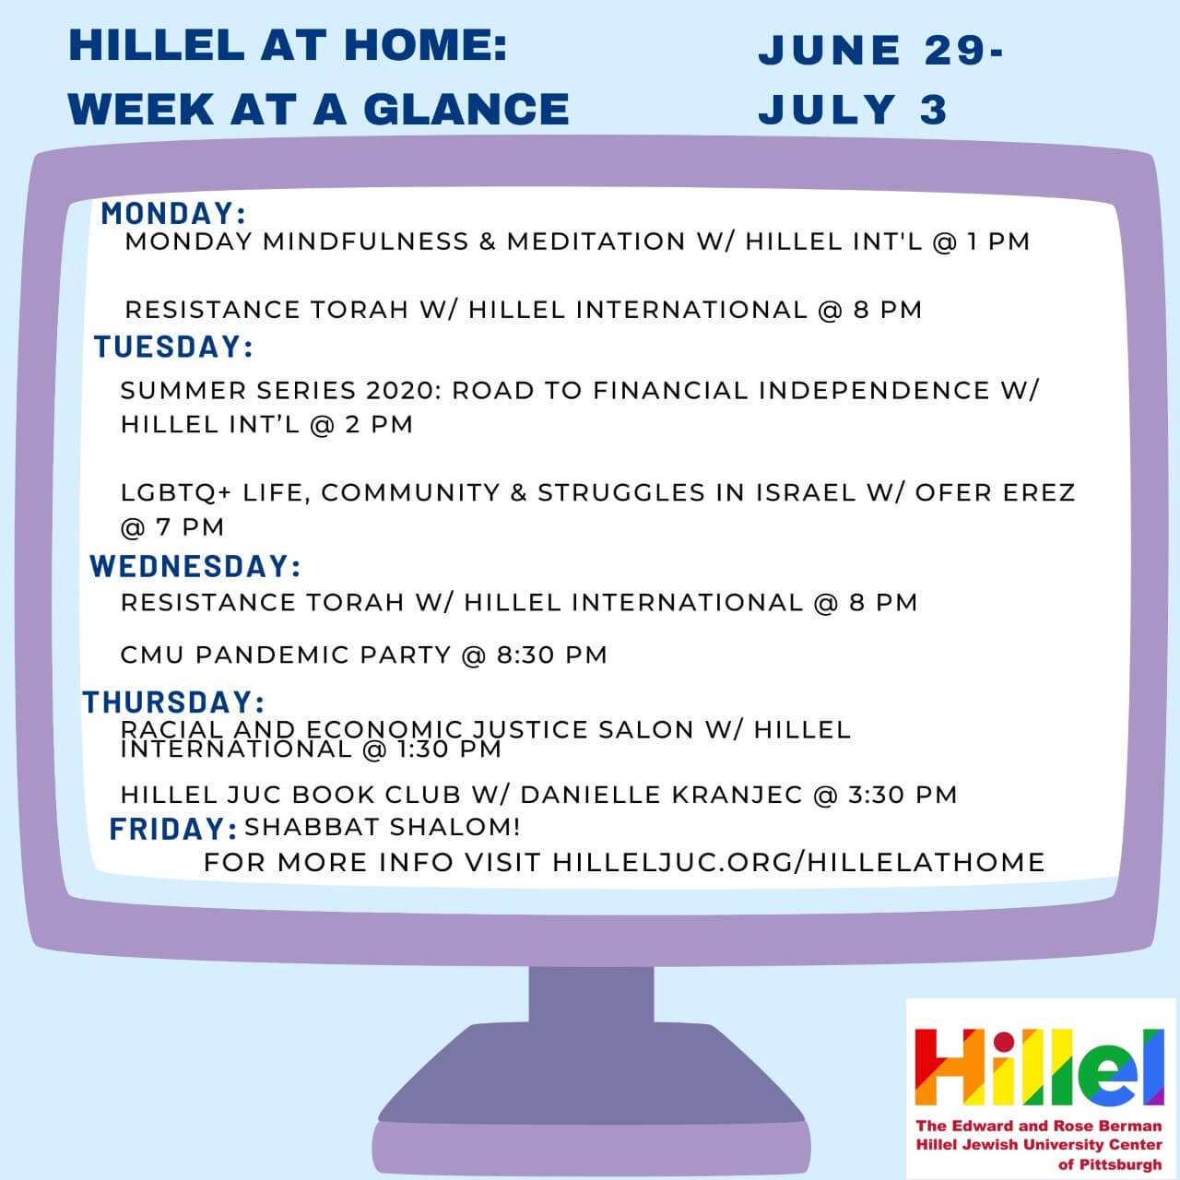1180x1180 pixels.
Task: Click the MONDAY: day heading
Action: point(173,214)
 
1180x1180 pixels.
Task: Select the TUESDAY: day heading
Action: point(173,347)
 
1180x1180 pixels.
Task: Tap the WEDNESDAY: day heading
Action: point(195,566)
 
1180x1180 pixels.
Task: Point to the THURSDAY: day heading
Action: point(173,702)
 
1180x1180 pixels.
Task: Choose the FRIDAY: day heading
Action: point(173,829)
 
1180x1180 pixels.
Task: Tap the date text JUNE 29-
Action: point(881,50)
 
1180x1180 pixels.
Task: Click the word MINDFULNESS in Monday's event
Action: point(366,242)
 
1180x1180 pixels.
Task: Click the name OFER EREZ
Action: point(995,493)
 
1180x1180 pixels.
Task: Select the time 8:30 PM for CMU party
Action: point(551,655)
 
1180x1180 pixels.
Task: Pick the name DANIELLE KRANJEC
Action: point(661,795)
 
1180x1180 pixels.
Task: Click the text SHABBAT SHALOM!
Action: point(383,827)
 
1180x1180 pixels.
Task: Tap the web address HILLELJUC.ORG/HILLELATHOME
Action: point(798,863)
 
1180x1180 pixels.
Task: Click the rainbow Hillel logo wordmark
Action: point(1039,1068)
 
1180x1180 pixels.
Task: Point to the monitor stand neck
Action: point(592,994)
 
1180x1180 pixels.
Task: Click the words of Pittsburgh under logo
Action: point(1110,1164)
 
